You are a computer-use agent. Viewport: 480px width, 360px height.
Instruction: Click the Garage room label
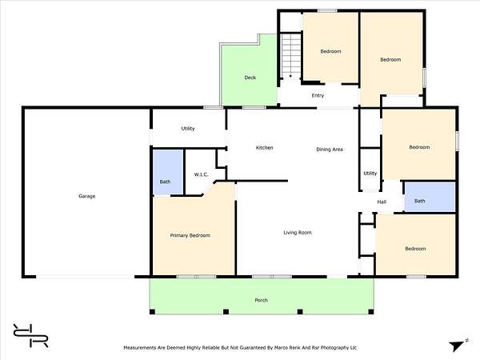[x=87, y=196]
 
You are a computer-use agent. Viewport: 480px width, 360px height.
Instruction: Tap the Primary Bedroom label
[x=190, y=235]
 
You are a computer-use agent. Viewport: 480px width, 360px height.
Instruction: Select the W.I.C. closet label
[x=201, y=174]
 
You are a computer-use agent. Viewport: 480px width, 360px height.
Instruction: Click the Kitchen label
[x=265, y=147]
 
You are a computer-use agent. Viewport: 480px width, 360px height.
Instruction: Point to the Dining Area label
[x=330, y=150]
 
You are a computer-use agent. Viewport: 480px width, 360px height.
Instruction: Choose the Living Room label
[x=298, y=233]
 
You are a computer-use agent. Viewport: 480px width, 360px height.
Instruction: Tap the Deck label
[x=250, y=78]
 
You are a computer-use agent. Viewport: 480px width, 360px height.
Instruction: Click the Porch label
[x=261, y=300]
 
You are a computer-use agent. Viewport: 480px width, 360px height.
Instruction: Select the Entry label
[x=318, y=95]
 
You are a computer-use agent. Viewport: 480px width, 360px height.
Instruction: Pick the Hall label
[x=382, y=202]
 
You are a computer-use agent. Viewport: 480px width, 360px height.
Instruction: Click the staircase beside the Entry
[x=291, y=56]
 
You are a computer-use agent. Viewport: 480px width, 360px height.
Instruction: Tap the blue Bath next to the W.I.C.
[x=168, y=172]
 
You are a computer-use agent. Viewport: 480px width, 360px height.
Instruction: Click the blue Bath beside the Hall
[x=430, y=197]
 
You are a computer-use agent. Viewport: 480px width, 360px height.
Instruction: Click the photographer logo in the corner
[x=30, y=335]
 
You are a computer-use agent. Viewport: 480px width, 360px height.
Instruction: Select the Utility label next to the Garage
[x=188, y=129]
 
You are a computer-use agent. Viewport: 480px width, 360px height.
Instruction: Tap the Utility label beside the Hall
[x=370, y=174]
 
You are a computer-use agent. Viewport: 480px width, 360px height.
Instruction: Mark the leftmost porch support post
[x=152, y=312]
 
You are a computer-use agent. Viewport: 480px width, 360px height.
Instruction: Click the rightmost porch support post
[x=370, y=312]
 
